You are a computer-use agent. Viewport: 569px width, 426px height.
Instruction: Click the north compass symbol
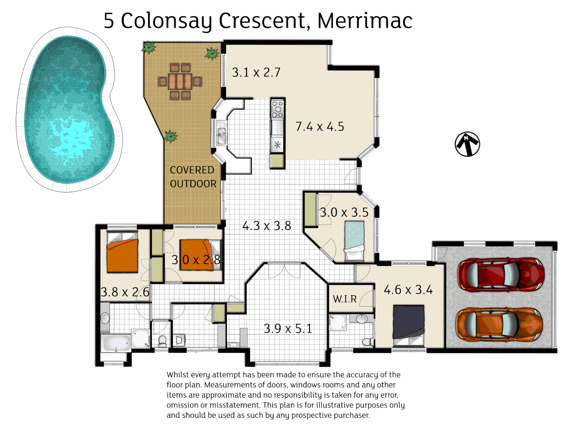pos(467,144)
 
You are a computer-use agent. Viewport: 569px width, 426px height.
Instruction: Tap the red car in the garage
pos(501,275)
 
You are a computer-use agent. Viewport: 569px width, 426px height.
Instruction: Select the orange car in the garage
pos(499,324)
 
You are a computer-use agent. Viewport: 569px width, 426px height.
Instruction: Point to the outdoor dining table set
pos(180,81)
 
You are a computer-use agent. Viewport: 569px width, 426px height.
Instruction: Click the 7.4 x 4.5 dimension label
pos(320,127)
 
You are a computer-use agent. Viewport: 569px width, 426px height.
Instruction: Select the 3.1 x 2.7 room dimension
pos(256,73)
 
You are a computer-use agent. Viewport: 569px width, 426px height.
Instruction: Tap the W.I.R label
pos(345,299)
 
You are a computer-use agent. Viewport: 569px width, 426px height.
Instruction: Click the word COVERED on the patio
pos(192,170)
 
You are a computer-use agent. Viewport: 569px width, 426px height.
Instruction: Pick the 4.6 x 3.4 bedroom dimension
pos(408,290)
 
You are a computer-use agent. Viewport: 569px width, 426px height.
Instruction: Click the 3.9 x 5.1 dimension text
pos(288,329)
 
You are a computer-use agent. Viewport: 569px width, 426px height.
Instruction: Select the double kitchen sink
pos(222,133)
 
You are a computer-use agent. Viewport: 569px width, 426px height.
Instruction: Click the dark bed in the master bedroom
pos(409,322)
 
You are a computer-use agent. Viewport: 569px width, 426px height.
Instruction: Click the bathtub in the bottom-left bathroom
pos(116,343)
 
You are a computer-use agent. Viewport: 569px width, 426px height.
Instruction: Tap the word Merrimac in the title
pos(365,21)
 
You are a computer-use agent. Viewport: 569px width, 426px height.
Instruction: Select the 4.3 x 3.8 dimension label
pos(267,226)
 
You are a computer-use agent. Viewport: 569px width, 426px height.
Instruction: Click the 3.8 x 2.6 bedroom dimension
pos(125,292)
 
